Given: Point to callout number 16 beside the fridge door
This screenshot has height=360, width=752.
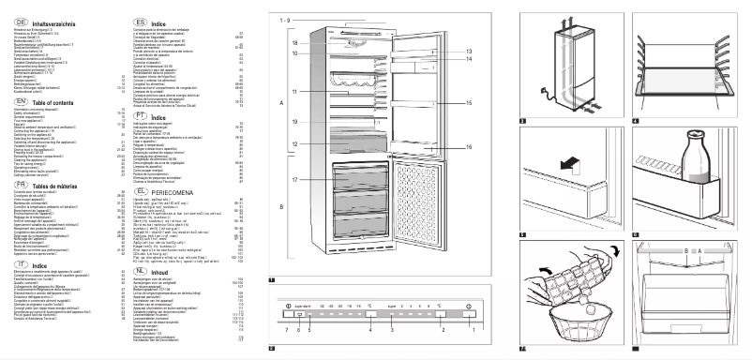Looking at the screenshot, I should coord(468,147).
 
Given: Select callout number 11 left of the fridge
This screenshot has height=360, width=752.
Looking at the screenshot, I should coord(293,92).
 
